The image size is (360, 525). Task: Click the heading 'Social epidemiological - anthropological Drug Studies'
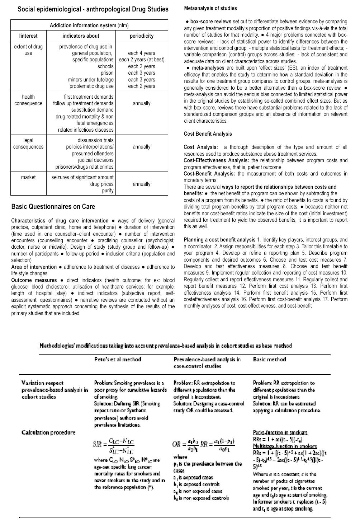pos(93,9)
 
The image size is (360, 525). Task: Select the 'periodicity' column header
pos(141,36)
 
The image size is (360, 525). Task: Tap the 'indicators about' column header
pos(81,36)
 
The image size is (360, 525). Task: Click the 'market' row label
pos(28,177)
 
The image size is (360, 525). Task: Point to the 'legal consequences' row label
pos(28,144)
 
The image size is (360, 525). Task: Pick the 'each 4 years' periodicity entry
pos(141,53)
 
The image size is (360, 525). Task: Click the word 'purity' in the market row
pos(108,191)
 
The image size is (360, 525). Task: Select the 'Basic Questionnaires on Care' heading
pos(53,206)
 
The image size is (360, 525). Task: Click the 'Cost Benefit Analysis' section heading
pos(208,134)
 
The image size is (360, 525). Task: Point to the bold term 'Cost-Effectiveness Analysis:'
pos(217,160)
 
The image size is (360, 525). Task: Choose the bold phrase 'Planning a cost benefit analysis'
pos(219,240)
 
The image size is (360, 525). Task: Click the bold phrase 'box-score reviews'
pos(210,22)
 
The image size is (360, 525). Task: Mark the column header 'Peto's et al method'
pos(118,359)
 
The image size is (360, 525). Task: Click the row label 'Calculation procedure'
pos(48,432)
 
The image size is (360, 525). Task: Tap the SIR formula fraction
pos(113,444)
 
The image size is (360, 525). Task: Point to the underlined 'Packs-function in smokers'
pos(280,432)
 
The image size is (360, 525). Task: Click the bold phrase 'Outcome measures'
pos(34,280)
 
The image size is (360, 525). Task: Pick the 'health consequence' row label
pos(28,100)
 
